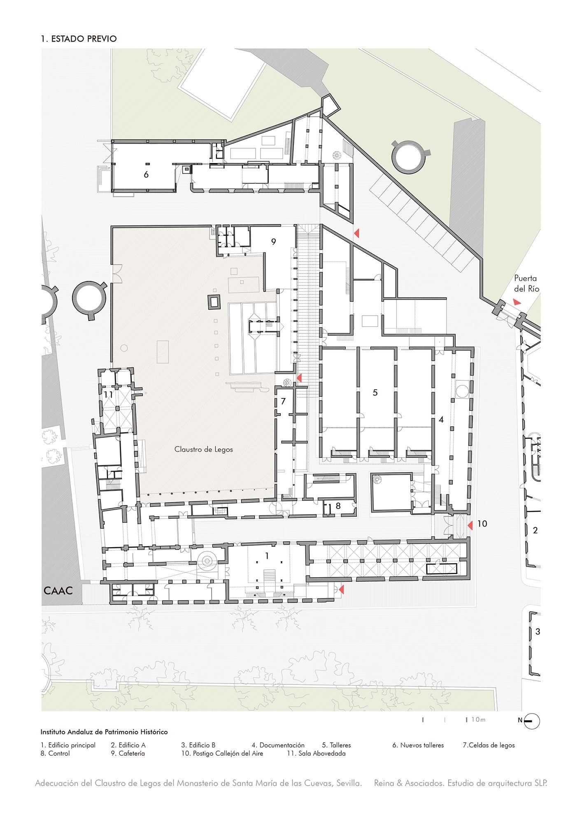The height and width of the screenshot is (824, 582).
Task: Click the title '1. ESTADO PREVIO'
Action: [79, 39]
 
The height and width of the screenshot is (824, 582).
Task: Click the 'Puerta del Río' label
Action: [525, 283]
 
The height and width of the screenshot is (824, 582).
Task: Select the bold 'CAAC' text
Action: [58, 591]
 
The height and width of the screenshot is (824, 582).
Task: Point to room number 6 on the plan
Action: [146, 174]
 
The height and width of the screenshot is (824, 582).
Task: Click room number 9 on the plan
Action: [273, 242]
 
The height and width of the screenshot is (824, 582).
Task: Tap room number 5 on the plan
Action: [375, 393]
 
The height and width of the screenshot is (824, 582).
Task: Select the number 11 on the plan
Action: [108, 395]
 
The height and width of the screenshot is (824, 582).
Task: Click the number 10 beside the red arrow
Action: [482, 524]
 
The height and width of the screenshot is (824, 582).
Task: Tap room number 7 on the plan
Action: [283, 400]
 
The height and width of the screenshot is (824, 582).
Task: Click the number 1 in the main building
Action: [267, 556]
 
